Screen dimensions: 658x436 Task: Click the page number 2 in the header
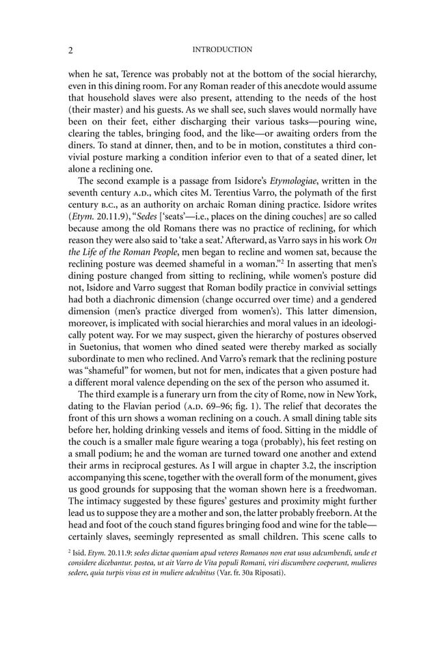[x=71, y=50]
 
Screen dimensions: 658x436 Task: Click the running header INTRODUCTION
[x=222, y=50]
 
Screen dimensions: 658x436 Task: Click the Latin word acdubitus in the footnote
[x=193, y=572]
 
